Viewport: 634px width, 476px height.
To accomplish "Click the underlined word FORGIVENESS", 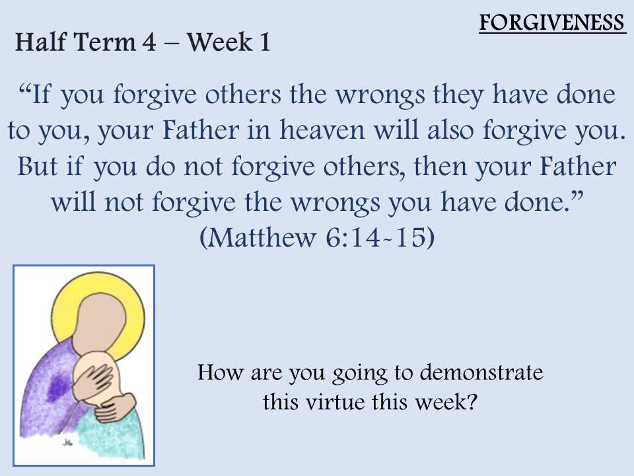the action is point(552,22).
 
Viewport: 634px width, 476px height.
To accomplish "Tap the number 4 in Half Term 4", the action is point(149,42).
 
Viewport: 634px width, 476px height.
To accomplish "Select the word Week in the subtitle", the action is point(219,42).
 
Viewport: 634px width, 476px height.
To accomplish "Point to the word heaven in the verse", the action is point(322,130).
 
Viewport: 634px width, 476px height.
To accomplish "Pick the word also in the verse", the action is point(450,130).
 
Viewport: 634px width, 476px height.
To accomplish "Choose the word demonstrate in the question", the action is point(481,372).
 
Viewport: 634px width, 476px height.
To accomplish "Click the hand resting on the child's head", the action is point(93,381).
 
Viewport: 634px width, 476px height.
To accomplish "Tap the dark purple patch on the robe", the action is point(57,387).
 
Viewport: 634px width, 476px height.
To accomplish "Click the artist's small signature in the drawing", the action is point(67,443).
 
